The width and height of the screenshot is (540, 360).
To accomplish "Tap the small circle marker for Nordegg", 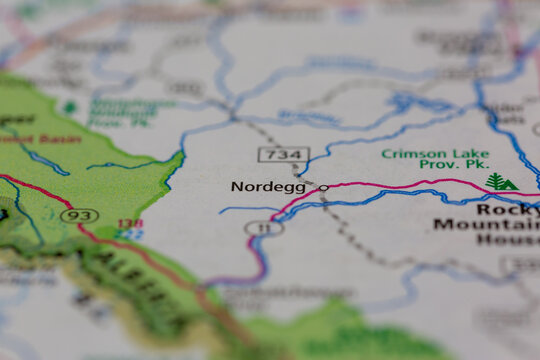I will coord(323,187).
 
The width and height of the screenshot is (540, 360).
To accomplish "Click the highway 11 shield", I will coord(264,228).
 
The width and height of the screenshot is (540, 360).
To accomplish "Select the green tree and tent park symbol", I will coord(500,182).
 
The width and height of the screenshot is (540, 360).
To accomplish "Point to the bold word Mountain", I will coord(486,224).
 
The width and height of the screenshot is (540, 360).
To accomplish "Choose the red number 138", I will coord(130,224).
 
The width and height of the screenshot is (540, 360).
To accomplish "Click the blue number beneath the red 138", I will coord(130,234).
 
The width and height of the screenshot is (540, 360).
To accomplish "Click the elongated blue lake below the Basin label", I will coord(44,159).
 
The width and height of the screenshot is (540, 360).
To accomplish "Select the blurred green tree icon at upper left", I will coord(69,107).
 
